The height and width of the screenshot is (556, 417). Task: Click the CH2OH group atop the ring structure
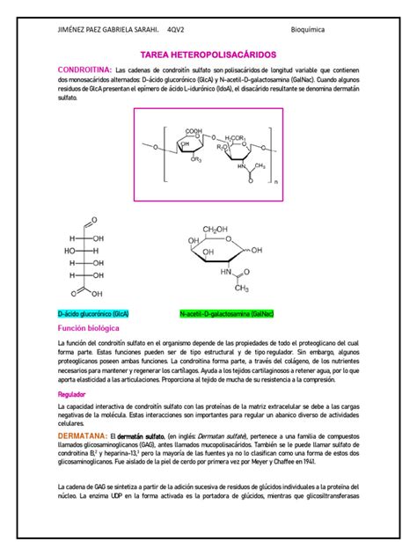[215, 230]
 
